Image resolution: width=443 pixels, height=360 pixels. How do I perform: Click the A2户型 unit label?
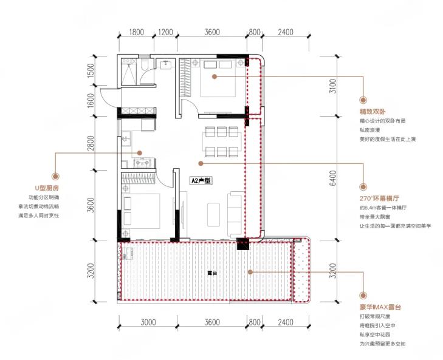click(201, 181)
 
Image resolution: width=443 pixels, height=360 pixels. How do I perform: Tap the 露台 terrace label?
click(212, 273)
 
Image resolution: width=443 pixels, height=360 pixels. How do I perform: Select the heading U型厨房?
click(47, 188)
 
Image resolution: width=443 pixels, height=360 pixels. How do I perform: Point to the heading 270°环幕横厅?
click(379, 198)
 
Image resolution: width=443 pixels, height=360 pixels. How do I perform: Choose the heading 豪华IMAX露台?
click(380, 307)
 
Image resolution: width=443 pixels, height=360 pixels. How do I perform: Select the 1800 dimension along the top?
click(137, 32)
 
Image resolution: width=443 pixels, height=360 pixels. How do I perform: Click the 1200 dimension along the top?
click(165, 32)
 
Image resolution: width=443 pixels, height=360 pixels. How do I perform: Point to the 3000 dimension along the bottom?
click(148, 322)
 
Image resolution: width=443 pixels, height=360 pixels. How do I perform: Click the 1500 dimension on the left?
click(91, 71)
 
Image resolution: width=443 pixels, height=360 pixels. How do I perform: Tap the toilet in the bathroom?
click(144, 64)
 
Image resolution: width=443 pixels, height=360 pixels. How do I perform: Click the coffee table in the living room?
click(213, 214)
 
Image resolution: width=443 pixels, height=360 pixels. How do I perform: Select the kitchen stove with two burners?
click(143, 163)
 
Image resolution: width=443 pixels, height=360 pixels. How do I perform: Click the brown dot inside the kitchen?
click(139, 153)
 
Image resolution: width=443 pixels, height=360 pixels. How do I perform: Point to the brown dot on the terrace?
click(250, 272)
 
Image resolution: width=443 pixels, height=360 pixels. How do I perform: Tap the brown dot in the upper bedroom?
click(215, 76)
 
